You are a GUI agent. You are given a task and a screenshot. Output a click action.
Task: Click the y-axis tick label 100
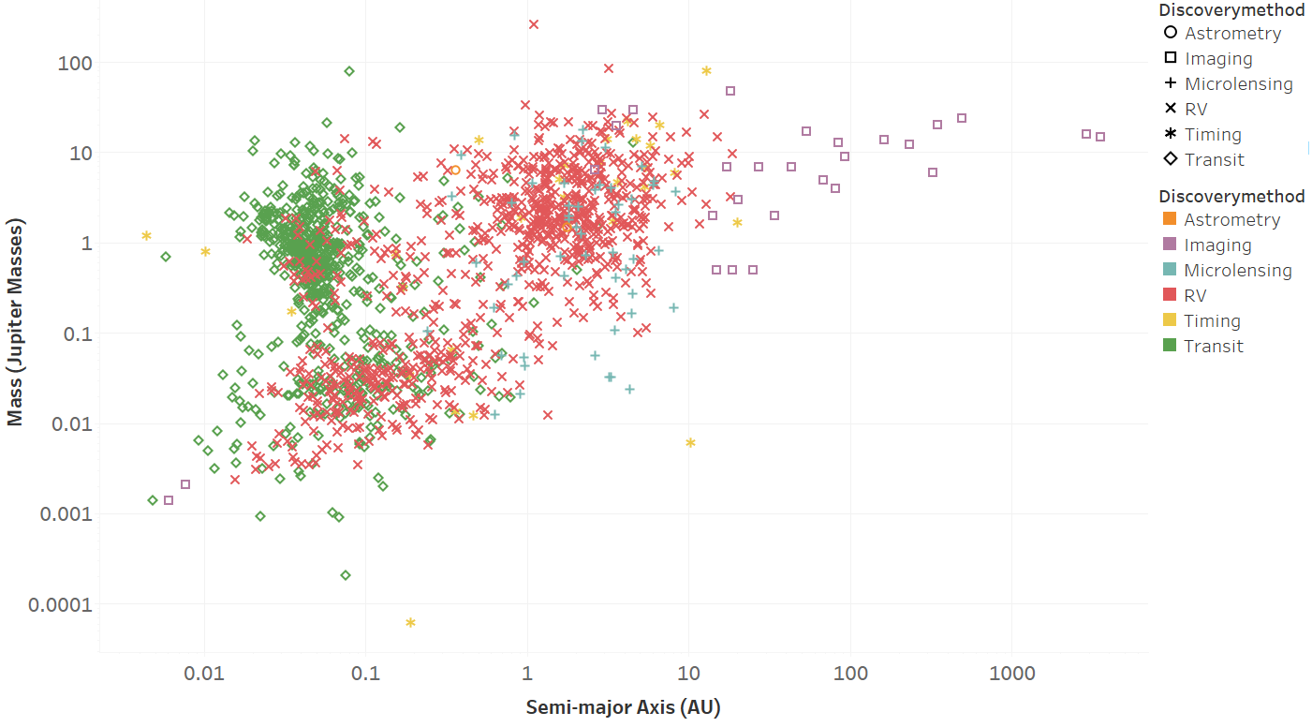tap(75, 64)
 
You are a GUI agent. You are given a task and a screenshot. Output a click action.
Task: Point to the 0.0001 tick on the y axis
tap(60, 604)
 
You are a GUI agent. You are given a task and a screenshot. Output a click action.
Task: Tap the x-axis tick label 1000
tap(1012, 674)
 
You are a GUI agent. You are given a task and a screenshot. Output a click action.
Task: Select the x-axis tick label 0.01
tap(204, 674)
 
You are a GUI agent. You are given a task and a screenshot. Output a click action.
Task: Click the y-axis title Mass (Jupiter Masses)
tap(15, 322)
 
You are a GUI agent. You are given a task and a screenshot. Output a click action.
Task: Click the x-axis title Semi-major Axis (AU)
tap(623, 707)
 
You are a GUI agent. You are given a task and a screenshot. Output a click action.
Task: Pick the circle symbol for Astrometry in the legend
tap(1171, 32)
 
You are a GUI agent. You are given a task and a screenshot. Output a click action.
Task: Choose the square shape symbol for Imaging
tap(1171, 57)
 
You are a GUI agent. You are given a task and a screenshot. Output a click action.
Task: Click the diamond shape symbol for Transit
tap(1171, 158)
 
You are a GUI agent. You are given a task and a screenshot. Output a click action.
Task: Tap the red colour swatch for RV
tap(1170, 295)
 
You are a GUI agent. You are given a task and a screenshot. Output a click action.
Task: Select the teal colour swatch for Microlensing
tap(1170, 270)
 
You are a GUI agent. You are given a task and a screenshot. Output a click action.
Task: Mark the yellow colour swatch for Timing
tap(1170, 319)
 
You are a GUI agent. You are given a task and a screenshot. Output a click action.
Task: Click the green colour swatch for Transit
tap(1170, 345)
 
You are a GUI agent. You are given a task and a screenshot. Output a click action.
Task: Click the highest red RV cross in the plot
tap(534, 24)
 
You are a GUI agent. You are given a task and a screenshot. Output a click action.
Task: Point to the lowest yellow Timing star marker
tap(410, 623)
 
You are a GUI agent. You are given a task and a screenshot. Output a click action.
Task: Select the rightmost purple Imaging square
tap(1100, 137)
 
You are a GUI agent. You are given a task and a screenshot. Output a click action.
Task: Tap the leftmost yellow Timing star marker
tap(146, 236)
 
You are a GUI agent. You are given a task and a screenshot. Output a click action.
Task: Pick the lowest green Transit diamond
tap(346, 575)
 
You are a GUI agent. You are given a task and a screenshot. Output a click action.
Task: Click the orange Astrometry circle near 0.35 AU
tap(455, 171)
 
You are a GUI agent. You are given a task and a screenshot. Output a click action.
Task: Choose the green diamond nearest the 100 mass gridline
tap(349, 71)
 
